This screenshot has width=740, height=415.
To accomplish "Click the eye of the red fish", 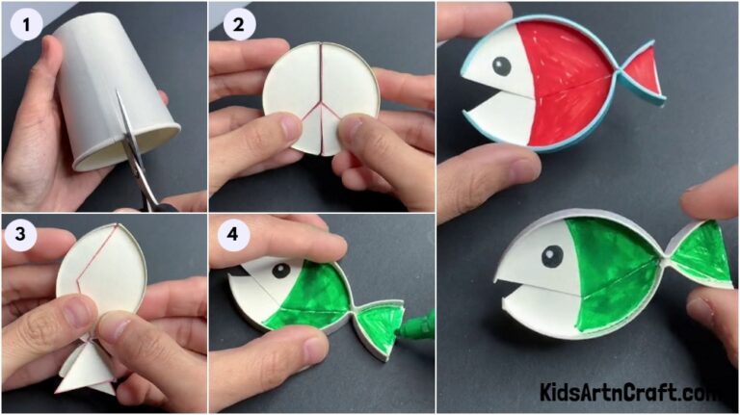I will (502, 66).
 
